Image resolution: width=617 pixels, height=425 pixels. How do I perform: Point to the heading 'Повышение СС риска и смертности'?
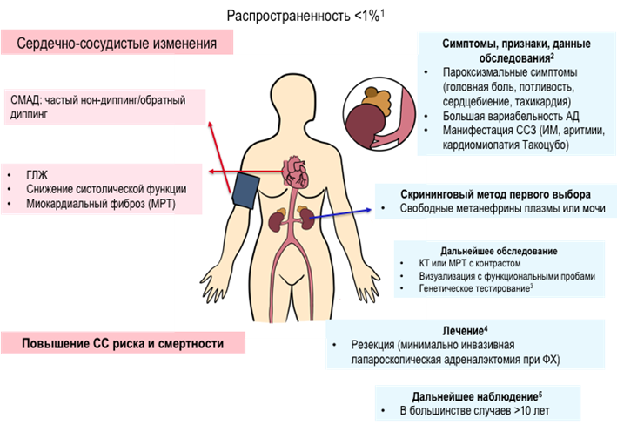tap(123, 343)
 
